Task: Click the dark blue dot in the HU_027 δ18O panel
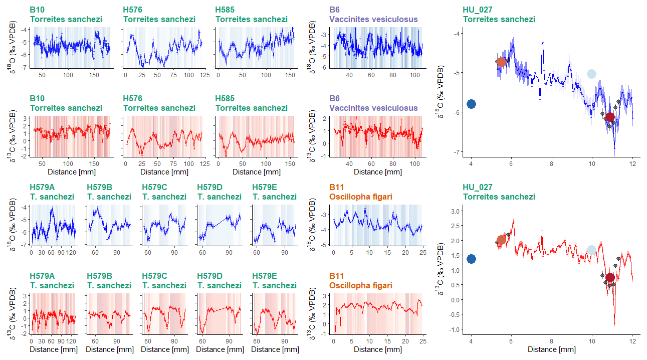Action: tap(471, 104)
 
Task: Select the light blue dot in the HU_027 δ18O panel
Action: tap(591, 74)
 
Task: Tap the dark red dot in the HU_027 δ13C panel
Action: tap(610, 278)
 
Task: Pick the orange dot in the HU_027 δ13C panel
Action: tap(501, 240)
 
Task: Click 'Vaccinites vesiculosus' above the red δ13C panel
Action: tap(373, 108)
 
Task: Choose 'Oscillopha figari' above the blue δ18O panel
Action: tap(361, 197)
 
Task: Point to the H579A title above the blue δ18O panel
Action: tap(42, 188)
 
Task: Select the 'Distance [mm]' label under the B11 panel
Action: tap(378, 349)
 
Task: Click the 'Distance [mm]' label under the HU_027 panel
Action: tap(551, 349)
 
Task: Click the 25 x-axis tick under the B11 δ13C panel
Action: tap(423, 341)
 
